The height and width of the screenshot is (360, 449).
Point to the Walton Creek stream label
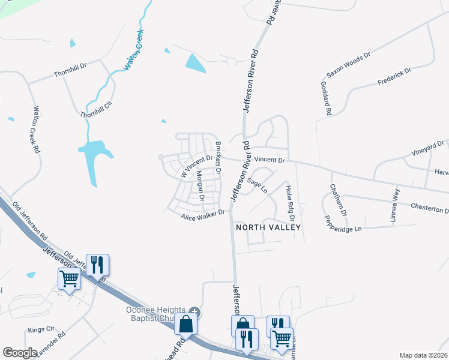click(x=135, y=50)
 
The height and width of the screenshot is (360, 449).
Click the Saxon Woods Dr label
click(x=348, y=65)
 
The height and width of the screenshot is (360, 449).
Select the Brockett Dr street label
click(x=218, y=158)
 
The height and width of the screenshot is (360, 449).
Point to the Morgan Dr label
click(x=201, y=186)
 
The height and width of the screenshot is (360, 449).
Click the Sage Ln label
click(x=257, y=185)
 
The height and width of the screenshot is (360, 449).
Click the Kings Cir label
click(x=41, y=330)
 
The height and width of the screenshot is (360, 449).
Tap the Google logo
click(x=20, y=352)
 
